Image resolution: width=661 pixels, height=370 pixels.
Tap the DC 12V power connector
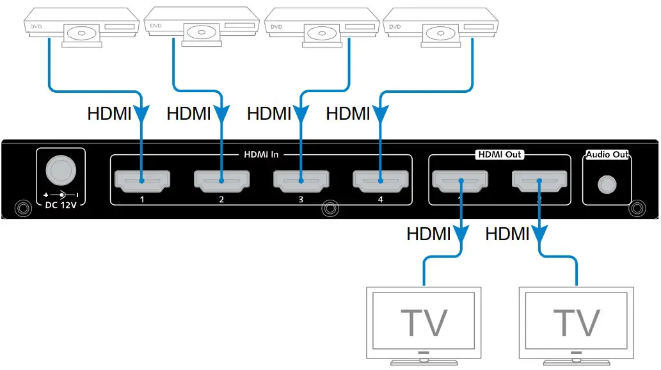point(60,169)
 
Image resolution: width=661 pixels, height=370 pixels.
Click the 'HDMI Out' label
point(499,154)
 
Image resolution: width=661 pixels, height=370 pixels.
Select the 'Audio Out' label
point(607,154)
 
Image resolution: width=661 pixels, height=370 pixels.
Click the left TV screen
point(423,320)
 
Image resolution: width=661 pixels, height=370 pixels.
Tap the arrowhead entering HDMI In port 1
point(141,115)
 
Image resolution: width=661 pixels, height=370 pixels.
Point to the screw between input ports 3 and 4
point(330,208)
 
